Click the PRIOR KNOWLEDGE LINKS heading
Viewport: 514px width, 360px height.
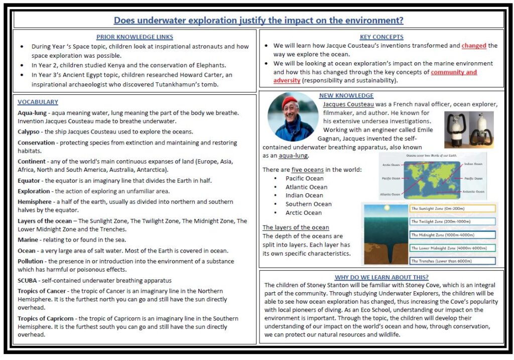tap(135, 37)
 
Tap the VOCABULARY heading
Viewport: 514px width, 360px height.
tap(38, 102)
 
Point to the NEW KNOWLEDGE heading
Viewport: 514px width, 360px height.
tap(346, 95)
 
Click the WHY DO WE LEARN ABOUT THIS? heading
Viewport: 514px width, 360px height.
tap(381, 277)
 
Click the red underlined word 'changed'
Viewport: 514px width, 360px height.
tap(474, 46)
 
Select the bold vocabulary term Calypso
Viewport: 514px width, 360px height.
tap(29, 132)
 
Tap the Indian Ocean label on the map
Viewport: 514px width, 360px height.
tap(473, 164)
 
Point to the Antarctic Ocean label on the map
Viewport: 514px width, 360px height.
tap(473, 191)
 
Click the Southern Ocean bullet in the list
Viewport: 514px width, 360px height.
tap(309, 204)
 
